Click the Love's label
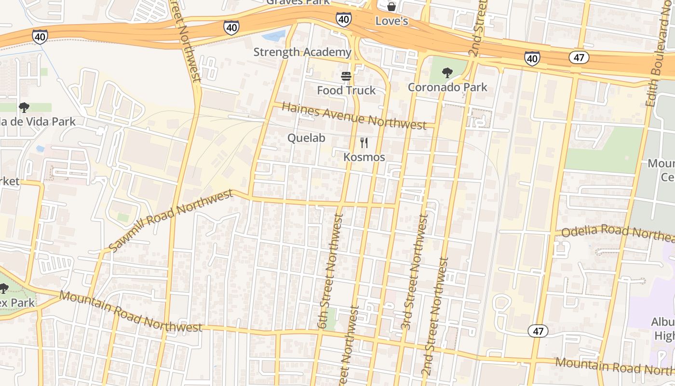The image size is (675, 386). [x=391, y=21]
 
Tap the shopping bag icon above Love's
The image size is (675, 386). [x=391, y=7]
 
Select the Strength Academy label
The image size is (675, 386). [x=302, y=52]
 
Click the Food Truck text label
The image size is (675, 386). [x=346, y=90]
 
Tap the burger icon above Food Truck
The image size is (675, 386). [x=346, y=76]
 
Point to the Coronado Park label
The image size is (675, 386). [x=447, y=87]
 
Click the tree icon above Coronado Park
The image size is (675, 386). [x=447, y=73]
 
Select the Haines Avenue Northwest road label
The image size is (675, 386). [x=354, y=115]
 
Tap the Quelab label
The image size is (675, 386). [x=306, y=138]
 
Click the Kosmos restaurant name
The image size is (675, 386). [x=364, y=157]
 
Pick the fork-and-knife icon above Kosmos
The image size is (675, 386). [x=364, y=143]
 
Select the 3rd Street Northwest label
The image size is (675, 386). [x=415, y=273]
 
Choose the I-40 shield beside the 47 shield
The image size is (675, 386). [x=532, y=59]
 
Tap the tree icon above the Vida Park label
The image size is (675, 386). [x=24, y=108]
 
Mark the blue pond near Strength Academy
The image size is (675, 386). [x=274, y=35]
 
